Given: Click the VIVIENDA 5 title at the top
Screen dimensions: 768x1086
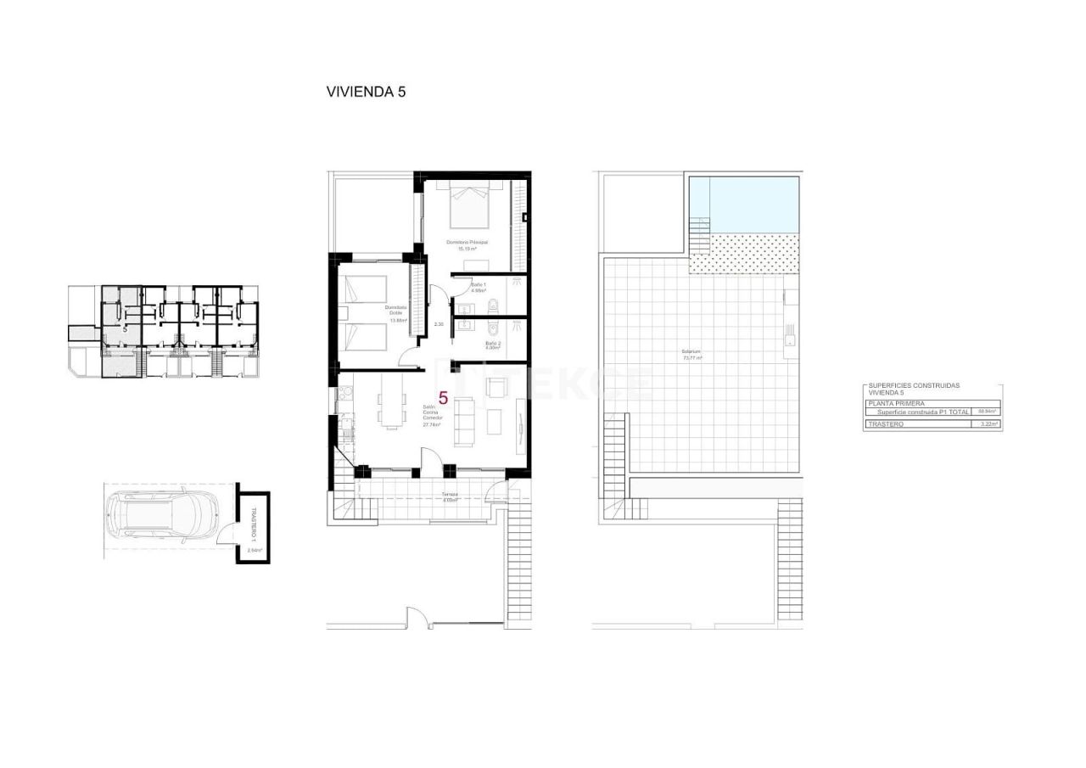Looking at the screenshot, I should click(366, 92).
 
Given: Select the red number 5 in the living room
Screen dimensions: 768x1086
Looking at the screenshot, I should click(443, 396).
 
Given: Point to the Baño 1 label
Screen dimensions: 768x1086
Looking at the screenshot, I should click(479, 287).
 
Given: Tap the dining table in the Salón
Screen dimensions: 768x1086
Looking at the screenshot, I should click(391, 401).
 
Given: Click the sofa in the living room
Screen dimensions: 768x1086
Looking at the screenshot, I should click(465, 422).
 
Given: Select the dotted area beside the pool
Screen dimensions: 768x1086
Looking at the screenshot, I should click(745, 254).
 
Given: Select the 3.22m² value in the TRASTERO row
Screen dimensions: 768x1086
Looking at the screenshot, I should click(988, 423).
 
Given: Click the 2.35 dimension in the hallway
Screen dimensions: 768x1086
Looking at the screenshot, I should click(439, 324).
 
